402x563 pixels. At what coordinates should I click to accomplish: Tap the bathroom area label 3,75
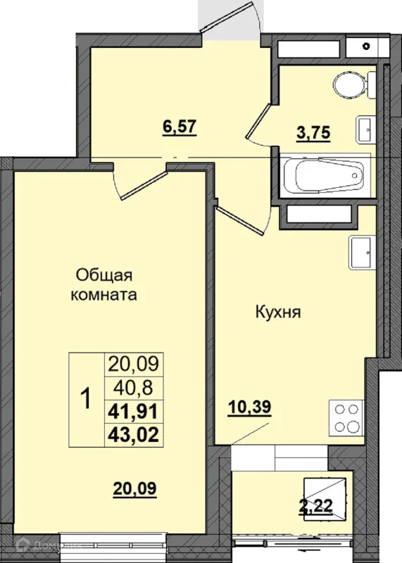313,132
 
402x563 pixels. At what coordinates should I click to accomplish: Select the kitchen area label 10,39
250,407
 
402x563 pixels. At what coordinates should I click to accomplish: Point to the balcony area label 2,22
316,506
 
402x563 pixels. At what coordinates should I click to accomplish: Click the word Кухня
278,312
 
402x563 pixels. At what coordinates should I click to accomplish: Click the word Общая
104,276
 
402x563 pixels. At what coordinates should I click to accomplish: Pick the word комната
103,295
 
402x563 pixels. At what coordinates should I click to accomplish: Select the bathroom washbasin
365,129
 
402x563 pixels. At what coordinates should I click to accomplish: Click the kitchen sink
362,253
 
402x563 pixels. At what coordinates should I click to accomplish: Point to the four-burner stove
346,417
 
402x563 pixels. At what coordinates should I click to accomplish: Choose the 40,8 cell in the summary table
134,388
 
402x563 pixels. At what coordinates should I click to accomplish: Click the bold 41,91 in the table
133,411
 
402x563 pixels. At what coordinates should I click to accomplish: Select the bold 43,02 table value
133,435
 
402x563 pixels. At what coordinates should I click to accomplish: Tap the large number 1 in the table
87,399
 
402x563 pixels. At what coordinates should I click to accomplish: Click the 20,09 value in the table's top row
133,364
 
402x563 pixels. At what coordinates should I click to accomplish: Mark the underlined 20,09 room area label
134,488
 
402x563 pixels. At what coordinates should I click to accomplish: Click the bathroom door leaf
257,120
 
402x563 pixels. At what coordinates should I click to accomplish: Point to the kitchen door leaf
239,220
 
